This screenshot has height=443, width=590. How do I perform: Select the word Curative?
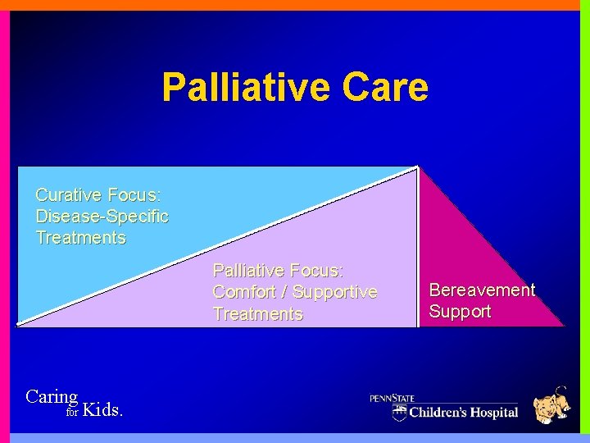point(68,195)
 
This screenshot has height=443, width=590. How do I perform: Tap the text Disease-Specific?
point(102,217)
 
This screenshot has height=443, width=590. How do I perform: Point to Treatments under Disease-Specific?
point(80,238)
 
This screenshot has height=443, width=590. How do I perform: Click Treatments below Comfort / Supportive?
point(257,313)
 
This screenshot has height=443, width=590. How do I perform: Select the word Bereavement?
point(482,290)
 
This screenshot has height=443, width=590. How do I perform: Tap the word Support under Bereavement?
point(460,312)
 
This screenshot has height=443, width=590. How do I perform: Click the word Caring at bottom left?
point(52,397)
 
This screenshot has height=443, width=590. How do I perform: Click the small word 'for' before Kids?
point(71,413)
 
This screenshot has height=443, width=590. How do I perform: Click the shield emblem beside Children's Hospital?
point(399,412)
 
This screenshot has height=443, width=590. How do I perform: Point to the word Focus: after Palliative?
point(316,270)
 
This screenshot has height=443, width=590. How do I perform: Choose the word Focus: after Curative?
point(134,195)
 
